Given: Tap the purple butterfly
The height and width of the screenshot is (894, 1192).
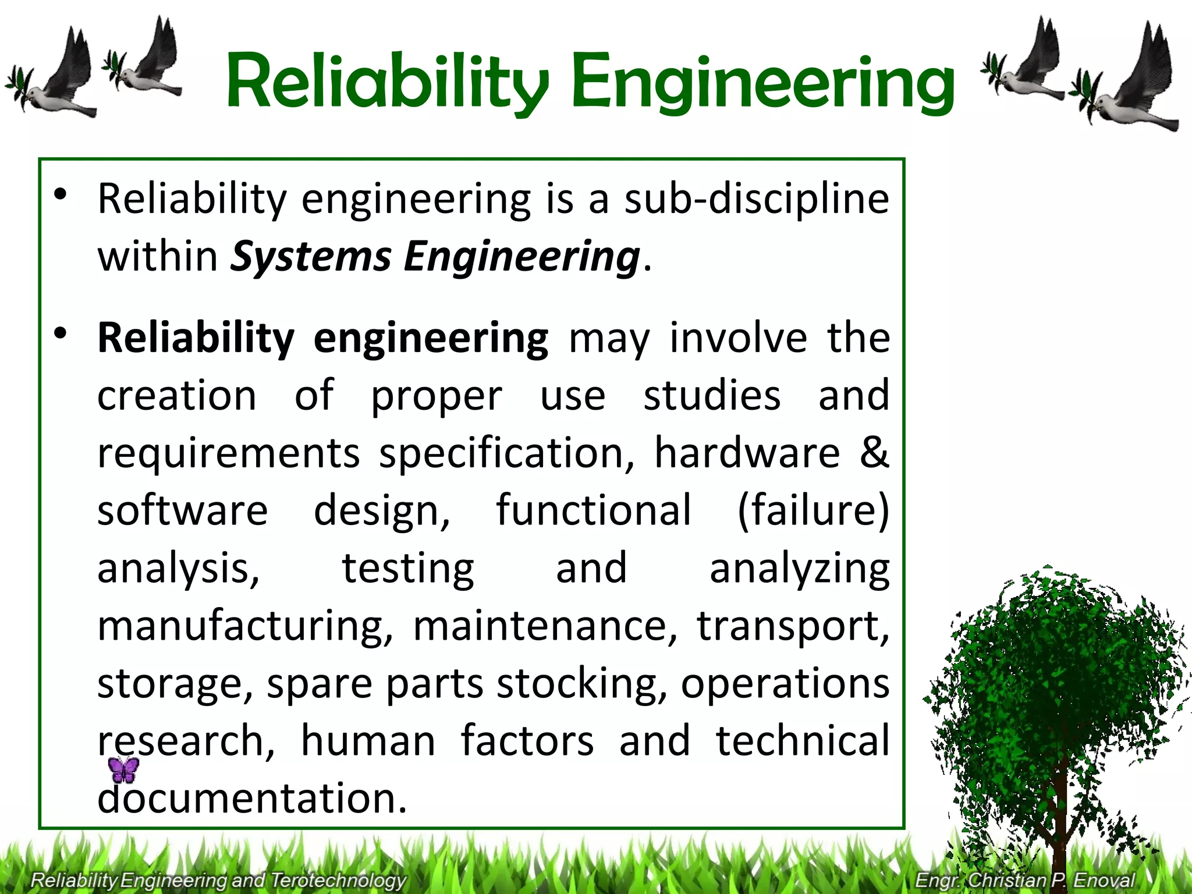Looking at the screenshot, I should click(124, 769).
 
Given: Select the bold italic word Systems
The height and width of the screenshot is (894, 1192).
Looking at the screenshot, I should click(311, 257).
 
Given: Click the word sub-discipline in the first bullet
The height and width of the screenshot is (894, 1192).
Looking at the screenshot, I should click(757, 199).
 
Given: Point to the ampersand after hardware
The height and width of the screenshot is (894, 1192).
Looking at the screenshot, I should click(874, 453).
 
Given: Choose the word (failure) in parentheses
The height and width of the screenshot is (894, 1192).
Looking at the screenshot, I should click(813, 510).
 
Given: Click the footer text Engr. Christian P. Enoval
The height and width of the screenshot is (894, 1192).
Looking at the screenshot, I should click(1025, 879).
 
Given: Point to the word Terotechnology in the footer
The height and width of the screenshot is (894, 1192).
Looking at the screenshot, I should click(338, 880).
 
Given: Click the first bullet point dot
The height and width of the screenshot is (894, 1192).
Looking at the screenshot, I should click(61, 194).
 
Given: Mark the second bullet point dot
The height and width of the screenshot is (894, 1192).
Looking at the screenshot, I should click(61, 334).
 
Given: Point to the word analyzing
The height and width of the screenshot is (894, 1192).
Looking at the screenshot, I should click(799, 569).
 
